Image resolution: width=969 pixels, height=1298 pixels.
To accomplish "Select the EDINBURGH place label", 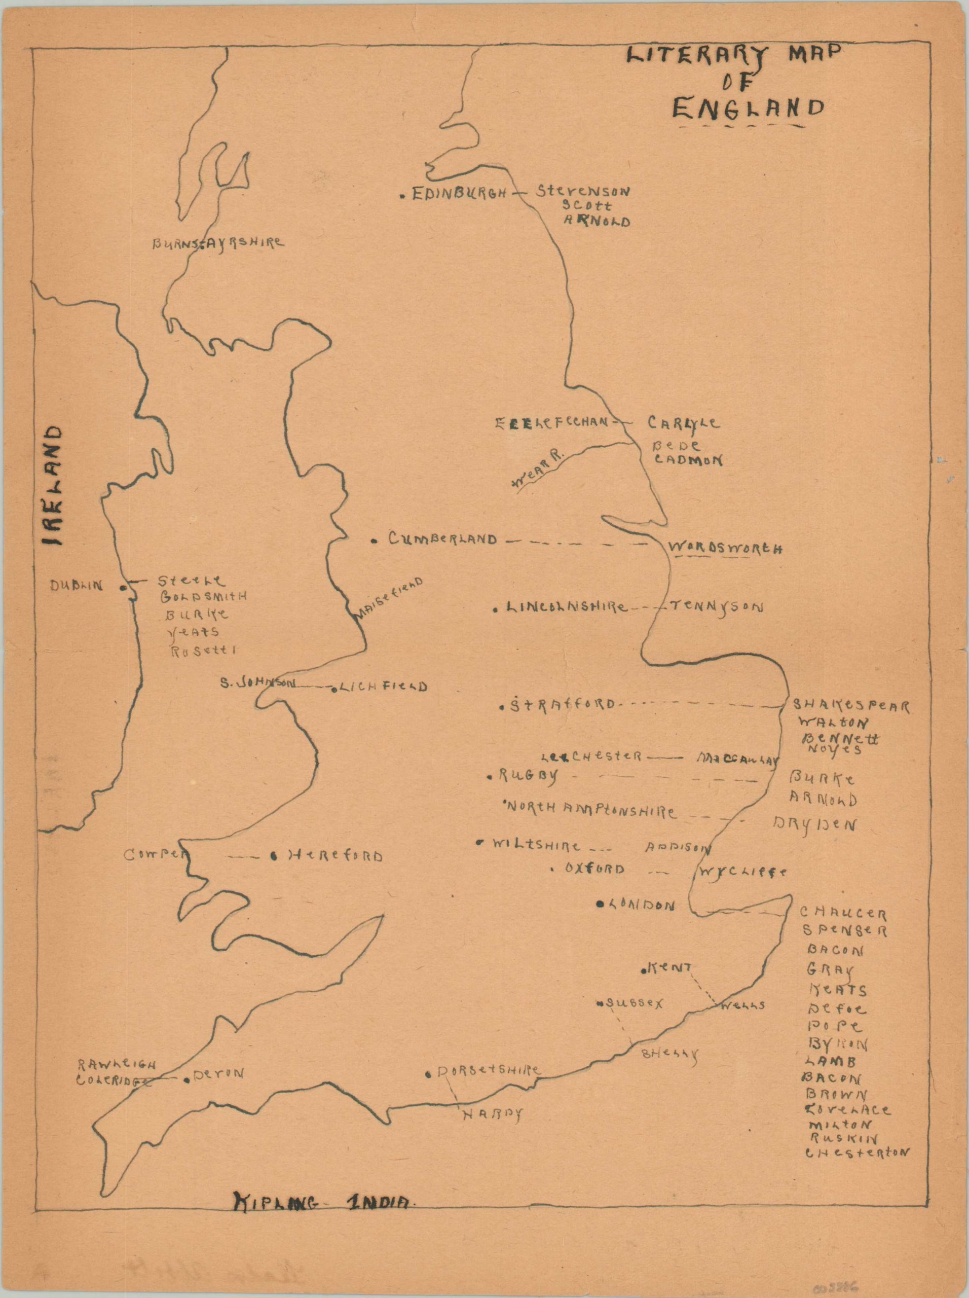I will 459,194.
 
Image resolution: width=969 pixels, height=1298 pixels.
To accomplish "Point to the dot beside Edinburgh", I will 402,196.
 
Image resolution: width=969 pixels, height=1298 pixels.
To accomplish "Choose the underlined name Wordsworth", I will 725,548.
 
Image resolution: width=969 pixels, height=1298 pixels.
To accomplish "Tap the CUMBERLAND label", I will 442,538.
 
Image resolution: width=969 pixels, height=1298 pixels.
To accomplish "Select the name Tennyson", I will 716,607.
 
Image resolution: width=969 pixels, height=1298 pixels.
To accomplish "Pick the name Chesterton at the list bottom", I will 856,1151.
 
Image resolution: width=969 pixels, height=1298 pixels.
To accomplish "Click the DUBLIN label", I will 76,585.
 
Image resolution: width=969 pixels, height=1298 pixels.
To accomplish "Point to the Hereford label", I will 334,856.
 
